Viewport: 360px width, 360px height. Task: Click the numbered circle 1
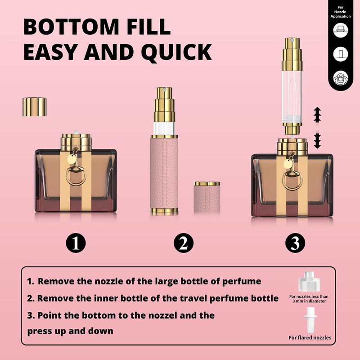click(x=76, y=243)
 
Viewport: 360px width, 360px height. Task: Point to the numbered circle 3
click(x=295, y=243)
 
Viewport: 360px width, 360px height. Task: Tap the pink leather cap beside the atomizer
click(x=207, y=198)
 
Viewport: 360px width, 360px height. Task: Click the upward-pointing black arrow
click(x=317, y=114)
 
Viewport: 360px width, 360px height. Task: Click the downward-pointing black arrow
click(x=317, y=141)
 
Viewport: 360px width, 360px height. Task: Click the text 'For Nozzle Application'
click(x=340, y=12)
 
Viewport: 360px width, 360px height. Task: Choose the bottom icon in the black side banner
click(x=340, y=77)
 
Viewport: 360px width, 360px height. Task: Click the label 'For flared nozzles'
click(x=310, y=337)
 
